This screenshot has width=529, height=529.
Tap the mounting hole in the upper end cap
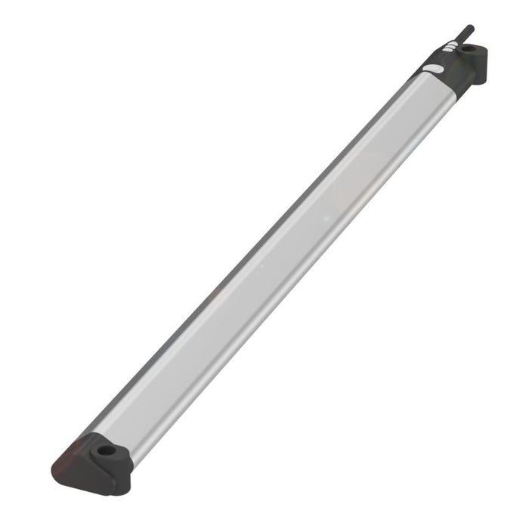(x=469, y=49)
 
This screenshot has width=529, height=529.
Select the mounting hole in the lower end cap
(x=105, y=450)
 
